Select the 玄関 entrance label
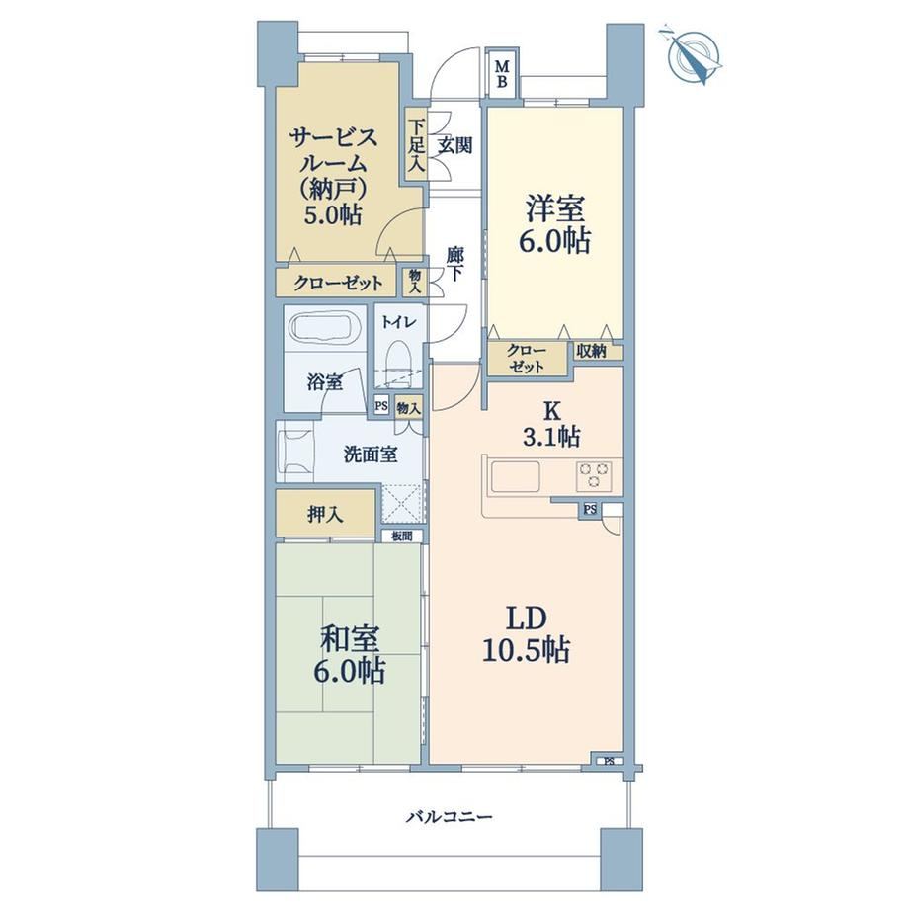[454, 145]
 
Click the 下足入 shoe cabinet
[415, 145]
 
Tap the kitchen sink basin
[516, 476]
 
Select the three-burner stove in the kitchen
[593, 475]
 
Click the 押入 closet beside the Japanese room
[325, 514]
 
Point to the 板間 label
[402, 537]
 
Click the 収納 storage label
[591, 351]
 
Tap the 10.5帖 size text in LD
[526, 651]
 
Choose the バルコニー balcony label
[449, 817]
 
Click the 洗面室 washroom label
[371, 454]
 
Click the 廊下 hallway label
[454, 264]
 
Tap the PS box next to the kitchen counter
[590, 510]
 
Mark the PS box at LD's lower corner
[608, 761]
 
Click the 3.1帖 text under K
[551, 437]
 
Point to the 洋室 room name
[555, 208]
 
